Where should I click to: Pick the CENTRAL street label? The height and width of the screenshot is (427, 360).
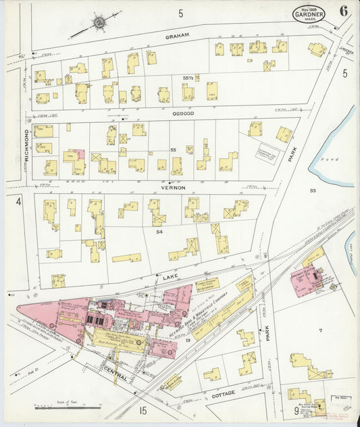(115, 371)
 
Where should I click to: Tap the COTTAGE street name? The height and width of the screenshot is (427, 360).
(223, 394)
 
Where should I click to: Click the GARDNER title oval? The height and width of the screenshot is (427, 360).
(309, 14)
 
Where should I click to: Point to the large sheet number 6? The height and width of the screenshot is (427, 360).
(344, 11)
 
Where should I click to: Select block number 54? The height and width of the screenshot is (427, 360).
(159, 232)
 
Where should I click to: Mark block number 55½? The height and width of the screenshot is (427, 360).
(188, 79)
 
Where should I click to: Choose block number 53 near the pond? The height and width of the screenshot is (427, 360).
(313, 191)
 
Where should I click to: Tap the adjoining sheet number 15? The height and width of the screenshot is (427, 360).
(143, 410)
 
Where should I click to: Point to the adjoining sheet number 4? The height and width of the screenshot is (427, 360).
(19, 201)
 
